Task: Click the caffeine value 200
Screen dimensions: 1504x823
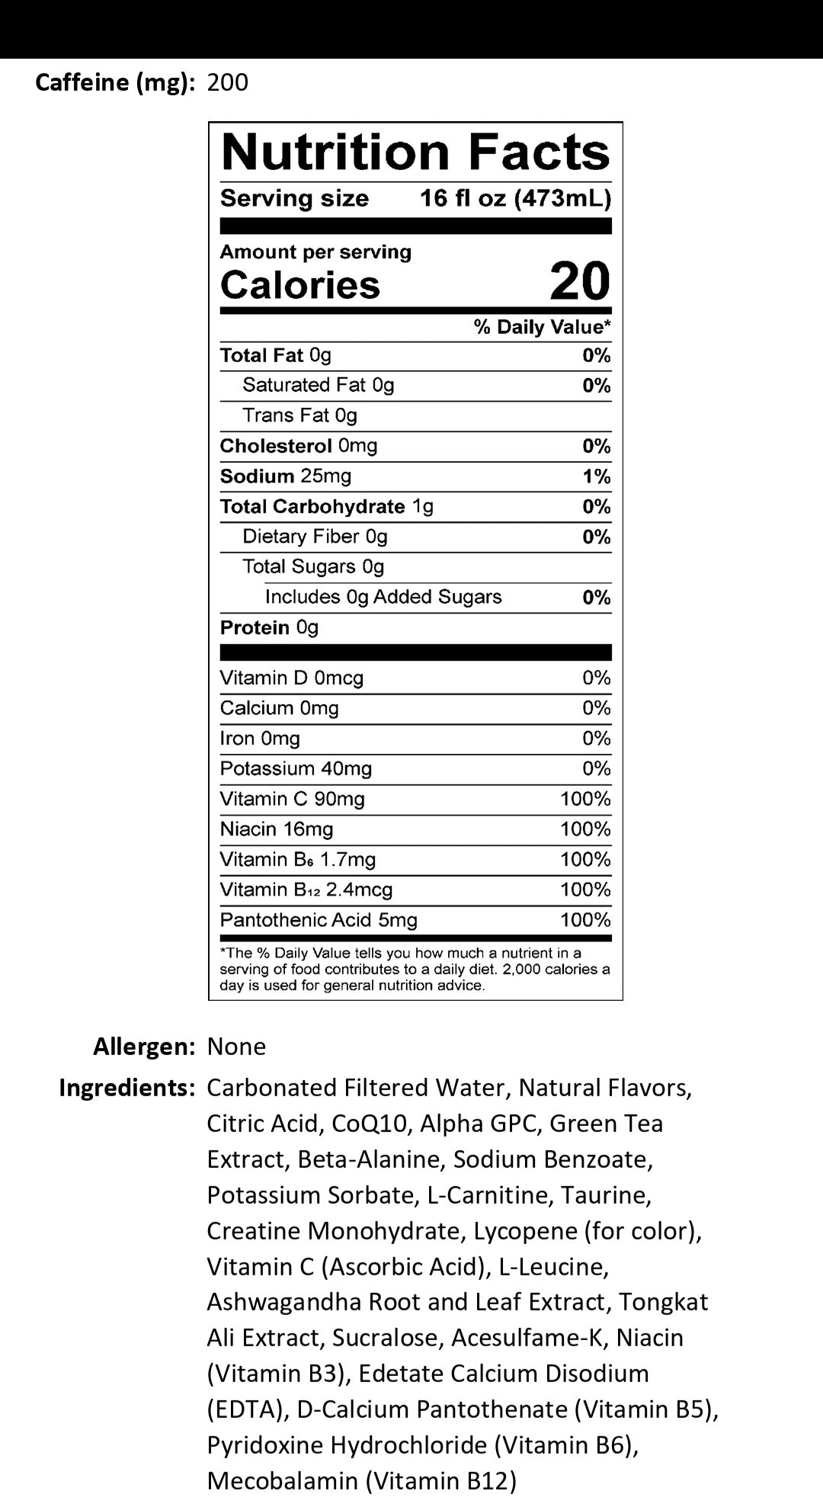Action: [x=227, y=82]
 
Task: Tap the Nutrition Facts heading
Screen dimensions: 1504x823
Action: [x=415, y=152]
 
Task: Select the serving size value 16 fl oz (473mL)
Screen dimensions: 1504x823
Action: [x=515, y=199]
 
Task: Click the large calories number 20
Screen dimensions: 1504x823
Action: [x=580, y=281]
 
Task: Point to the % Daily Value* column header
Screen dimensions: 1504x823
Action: [x=542, y=327]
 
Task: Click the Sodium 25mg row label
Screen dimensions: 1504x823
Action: [x=286, y=476]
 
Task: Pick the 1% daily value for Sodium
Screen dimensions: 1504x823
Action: [x=597, y=477]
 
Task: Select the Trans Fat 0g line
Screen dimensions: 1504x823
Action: [x=299, y=415]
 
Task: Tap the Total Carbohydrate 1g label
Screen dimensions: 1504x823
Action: [x=326, y=507]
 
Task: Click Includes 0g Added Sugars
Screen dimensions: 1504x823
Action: [x=383, y=597]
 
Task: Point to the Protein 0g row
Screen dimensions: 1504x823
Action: [x=269, y=627]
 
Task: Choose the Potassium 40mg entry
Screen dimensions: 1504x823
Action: [x=296, y=768]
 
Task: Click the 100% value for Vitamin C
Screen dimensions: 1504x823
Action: [x=585, y=799]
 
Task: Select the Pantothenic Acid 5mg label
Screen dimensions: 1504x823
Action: [x=319, y=920]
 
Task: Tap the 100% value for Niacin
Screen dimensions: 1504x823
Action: [x=585, y=829]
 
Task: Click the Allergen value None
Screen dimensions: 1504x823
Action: [x=236, y=1047]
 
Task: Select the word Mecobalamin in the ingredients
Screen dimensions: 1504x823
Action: [x=282, y=1481]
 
